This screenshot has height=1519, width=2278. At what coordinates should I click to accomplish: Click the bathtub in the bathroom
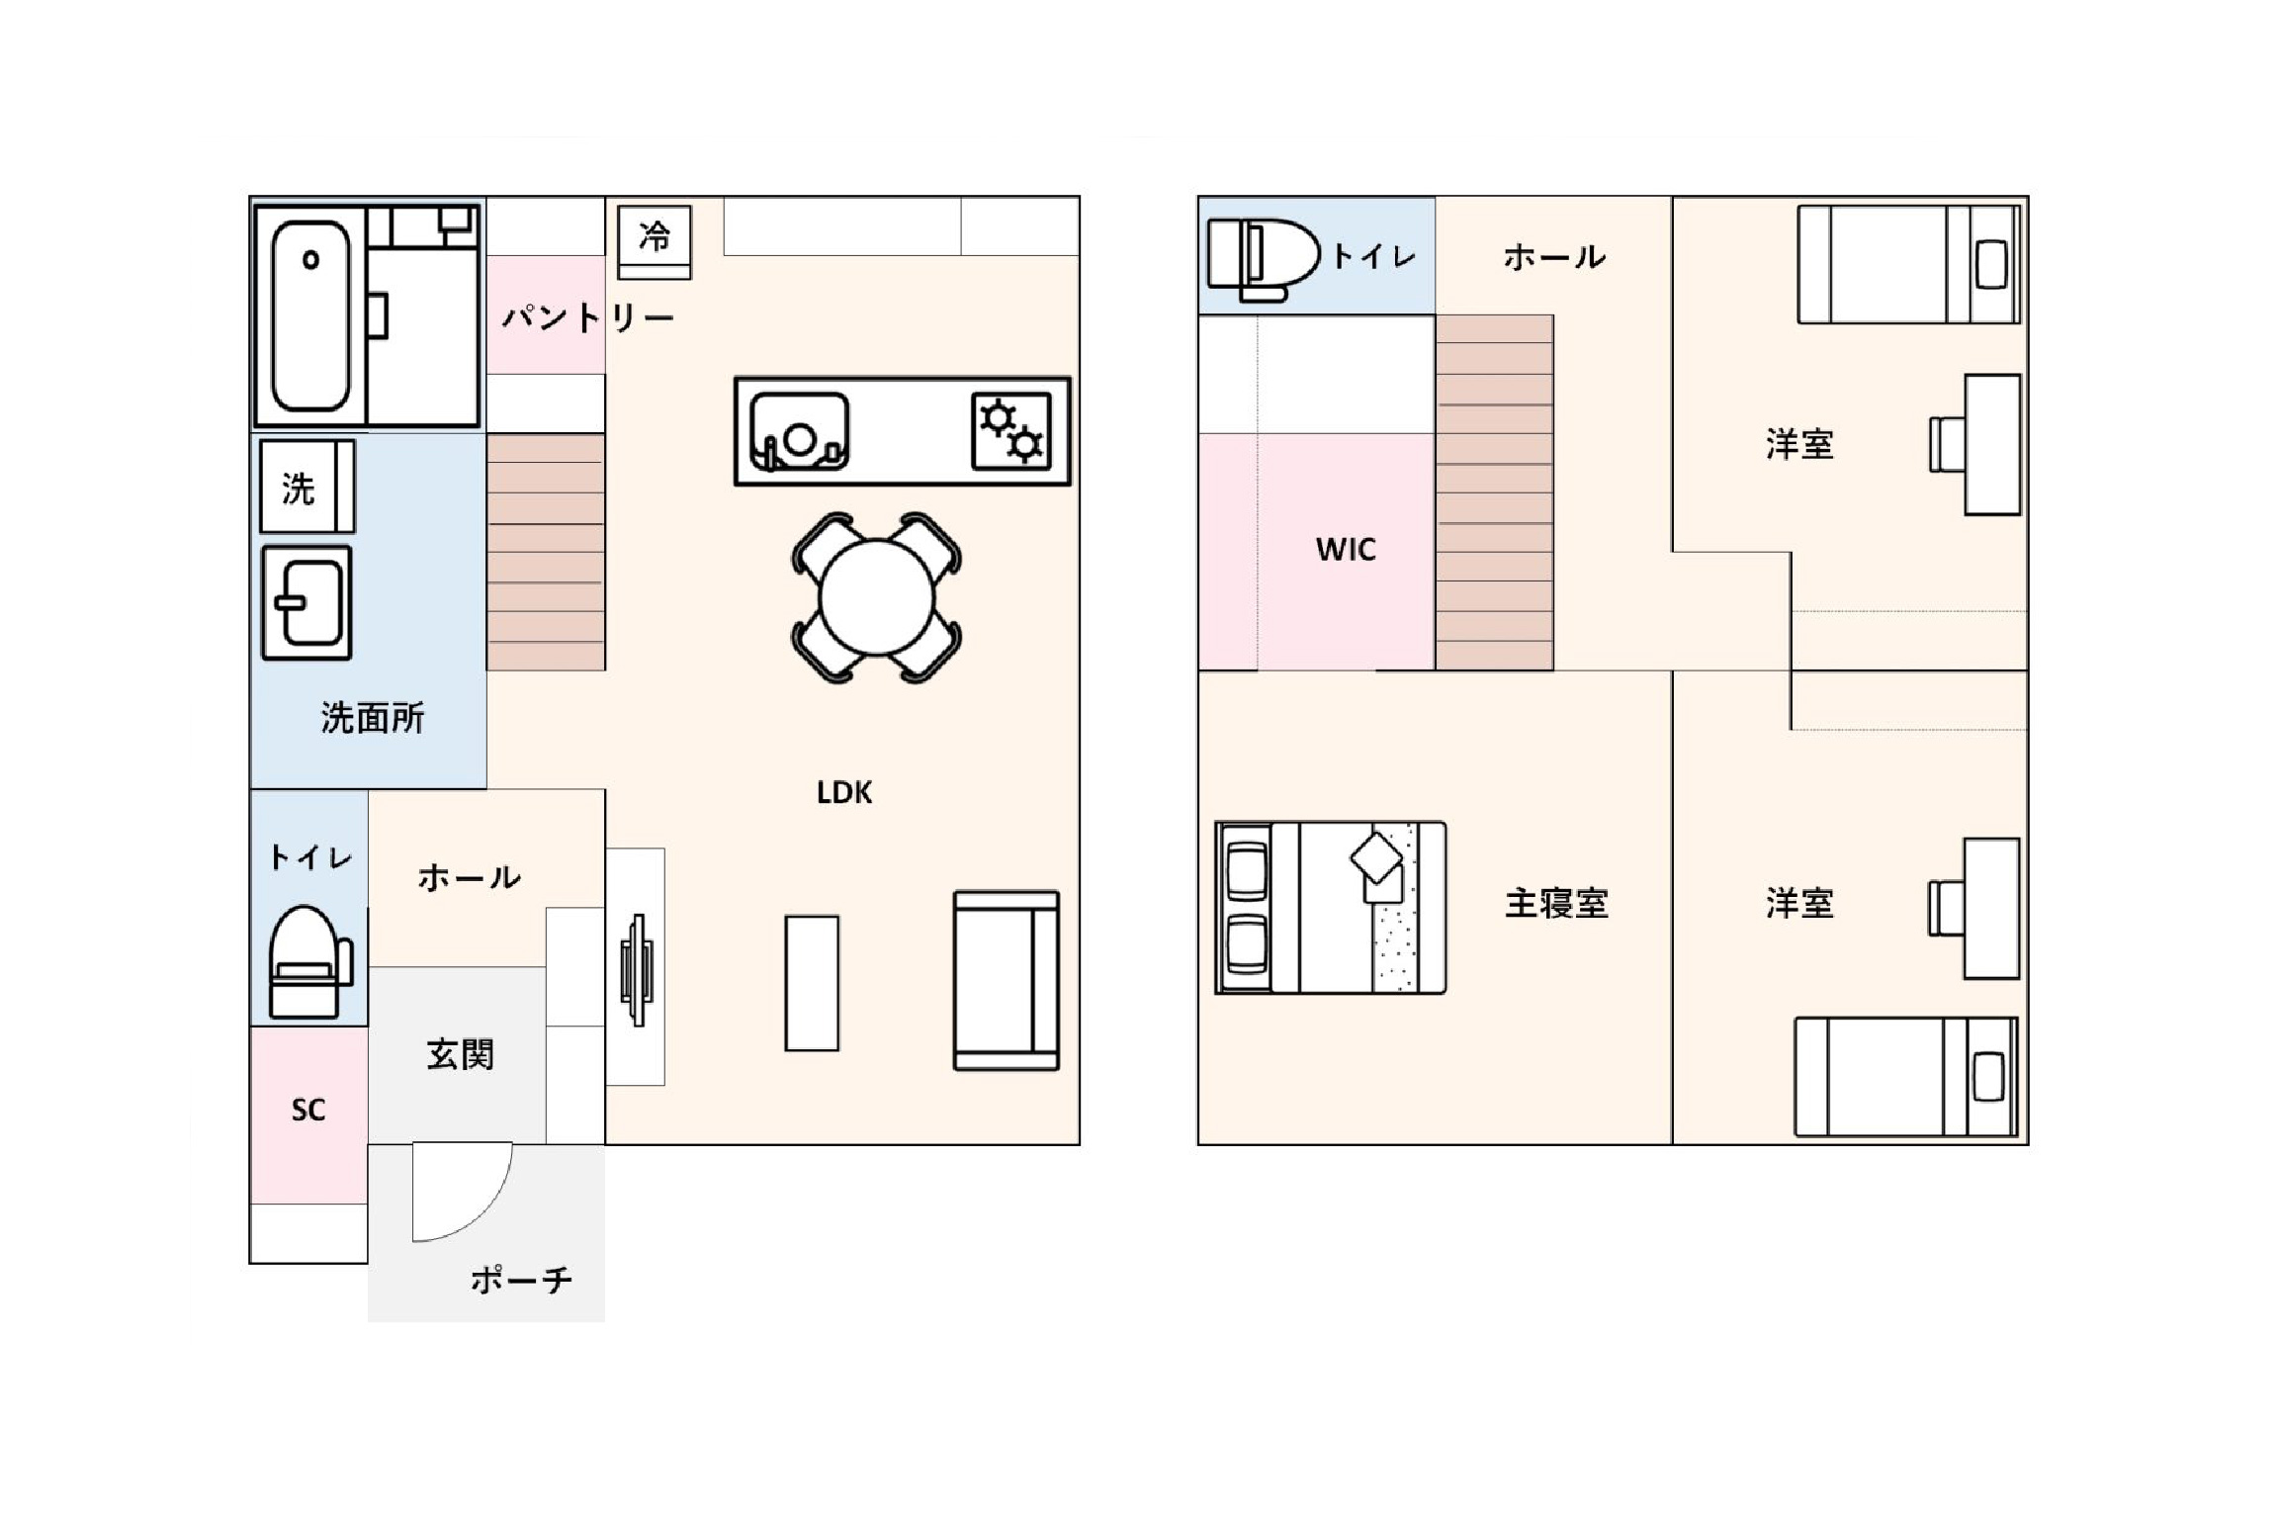point(310,314)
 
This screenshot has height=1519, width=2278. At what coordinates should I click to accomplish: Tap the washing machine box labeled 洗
point(307,487)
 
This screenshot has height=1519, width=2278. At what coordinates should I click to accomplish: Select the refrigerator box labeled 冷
point(654,241)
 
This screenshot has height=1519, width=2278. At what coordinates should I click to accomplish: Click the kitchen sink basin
point(799,431)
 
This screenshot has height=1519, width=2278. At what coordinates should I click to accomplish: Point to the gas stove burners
point(1011,431)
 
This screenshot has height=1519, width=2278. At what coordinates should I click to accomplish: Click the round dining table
point(877,597)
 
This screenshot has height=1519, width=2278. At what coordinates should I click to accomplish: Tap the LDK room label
point(844,792)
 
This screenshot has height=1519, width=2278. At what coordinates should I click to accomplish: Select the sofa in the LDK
point(1007,980)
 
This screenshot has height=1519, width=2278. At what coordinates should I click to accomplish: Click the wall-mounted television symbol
point(636,970)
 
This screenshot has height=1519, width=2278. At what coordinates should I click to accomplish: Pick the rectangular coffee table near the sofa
point(812,983)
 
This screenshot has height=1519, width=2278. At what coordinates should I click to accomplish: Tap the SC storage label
point(308,1110)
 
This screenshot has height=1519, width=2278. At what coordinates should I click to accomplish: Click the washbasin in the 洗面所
point(307,603)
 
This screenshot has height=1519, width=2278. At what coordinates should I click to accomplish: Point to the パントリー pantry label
point(587,317)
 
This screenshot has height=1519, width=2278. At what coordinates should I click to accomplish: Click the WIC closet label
point(1346,549)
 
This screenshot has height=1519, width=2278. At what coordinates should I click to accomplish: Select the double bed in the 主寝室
point(1331,907)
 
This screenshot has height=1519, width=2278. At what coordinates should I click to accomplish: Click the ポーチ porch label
point(521,1280)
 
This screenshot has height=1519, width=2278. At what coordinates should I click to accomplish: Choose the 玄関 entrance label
point(461,1054)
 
